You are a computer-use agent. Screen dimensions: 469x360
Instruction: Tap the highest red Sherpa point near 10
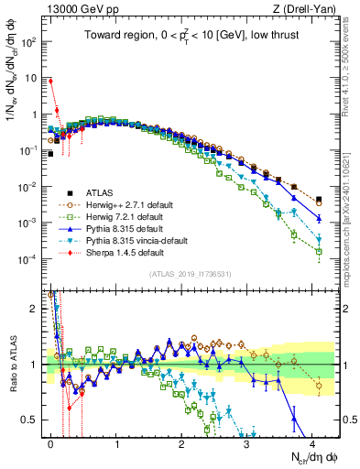tap(51, 81)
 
